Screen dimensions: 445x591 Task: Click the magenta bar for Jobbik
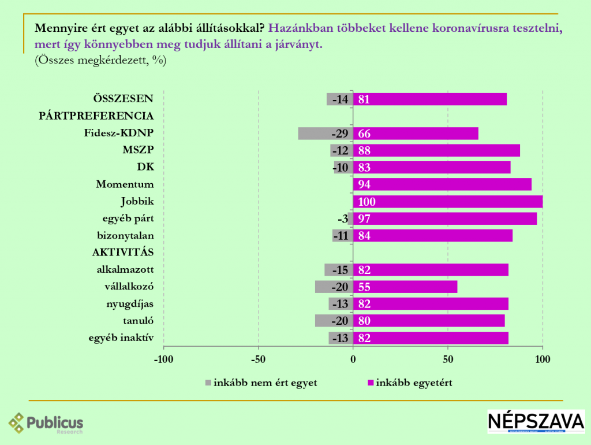(x=448, y=202)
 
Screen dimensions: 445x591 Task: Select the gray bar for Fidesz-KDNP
(x=325, y=133)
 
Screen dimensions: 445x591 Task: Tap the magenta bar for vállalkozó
(x=405, y=287)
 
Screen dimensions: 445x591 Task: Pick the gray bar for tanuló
(x=334, y=321)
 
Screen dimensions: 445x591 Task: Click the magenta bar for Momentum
(x=442, y=184)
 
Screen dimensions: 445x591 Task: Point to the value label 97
(x=364, y=219)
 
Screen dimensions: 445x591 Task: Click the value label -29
(x=339, y=134)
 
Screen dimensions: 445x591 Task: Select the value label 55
(x=364, y=287)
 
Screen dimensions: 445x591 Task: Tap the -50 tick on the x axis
(x=258, y=360)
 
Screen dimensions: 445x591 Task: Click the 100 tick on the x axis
(x=543, y=360)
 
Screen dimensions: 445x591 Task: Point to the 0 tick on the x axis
(x=353, y=360)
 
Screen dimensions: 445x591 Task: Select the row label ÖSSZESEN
(x=124, y=98)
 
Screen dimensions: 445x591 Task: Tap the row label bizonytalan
(x=125, y=236)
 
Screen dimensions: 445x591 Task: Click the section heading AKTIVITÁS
(x=122, y=253)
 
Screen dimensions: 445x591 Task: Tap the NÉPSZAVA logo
(x=536, y=421)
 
